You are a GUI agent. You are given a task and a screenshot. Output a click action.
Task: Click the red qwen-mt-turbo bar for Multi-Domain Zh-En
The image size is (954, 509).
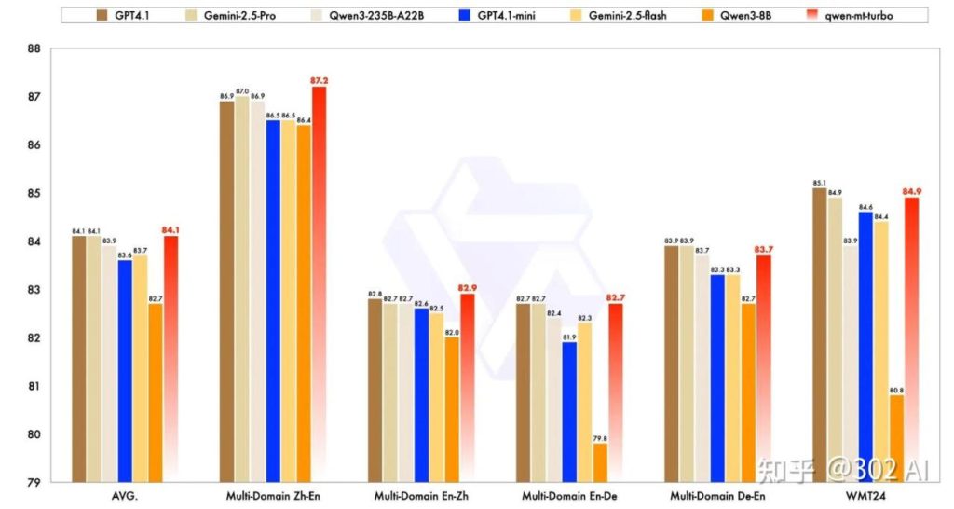tap(319, 280)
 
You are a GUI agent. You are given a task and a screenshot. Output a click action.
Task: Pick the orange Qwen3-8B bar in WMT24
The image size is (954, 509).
tap(896, 438)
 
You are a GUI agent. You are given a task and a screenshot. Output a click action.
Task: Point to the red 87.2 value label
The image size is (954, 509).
tap(320, 81)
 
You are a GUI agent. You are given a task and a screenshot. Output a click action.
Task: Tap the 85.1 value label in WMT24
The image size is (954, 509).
tap(819, 183)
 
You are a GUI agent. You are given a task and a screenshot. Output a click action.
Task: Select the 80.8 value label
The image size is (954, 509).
tap(896, 390)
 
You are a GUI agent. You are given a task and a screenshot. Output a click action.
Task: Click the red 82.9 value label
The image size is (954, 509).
tap(467, 288)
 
